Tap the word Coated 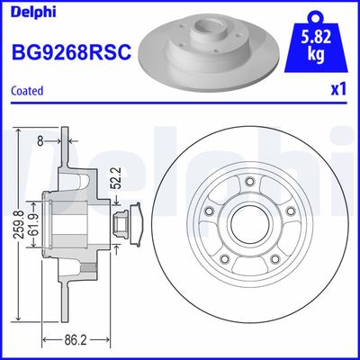click(x=27, y=90)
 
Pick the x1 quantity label click(x=338, y=90)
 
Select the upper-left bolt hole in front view click(x=208, y=210)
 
